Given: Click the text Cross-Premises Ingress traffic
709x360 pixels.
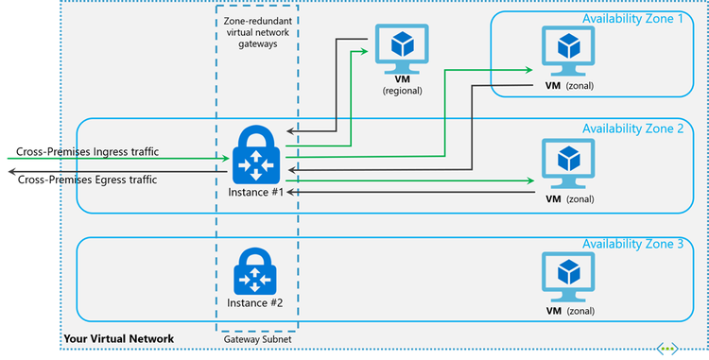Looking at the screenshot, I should (88, 151).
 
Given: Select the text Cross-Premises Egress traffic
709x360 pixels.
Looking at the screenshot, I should (87, 179).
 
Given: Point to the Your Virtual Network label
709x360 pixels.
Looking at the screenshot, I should (118, 338).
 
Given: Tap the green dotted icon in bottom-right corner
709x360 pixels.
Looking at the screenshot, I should (669, 348).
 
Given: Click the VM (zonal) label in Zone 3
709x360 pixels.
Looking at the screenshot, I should (569, 311).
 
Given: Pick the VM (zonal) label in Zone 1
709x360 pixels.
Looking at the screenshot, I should (569, 85).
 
